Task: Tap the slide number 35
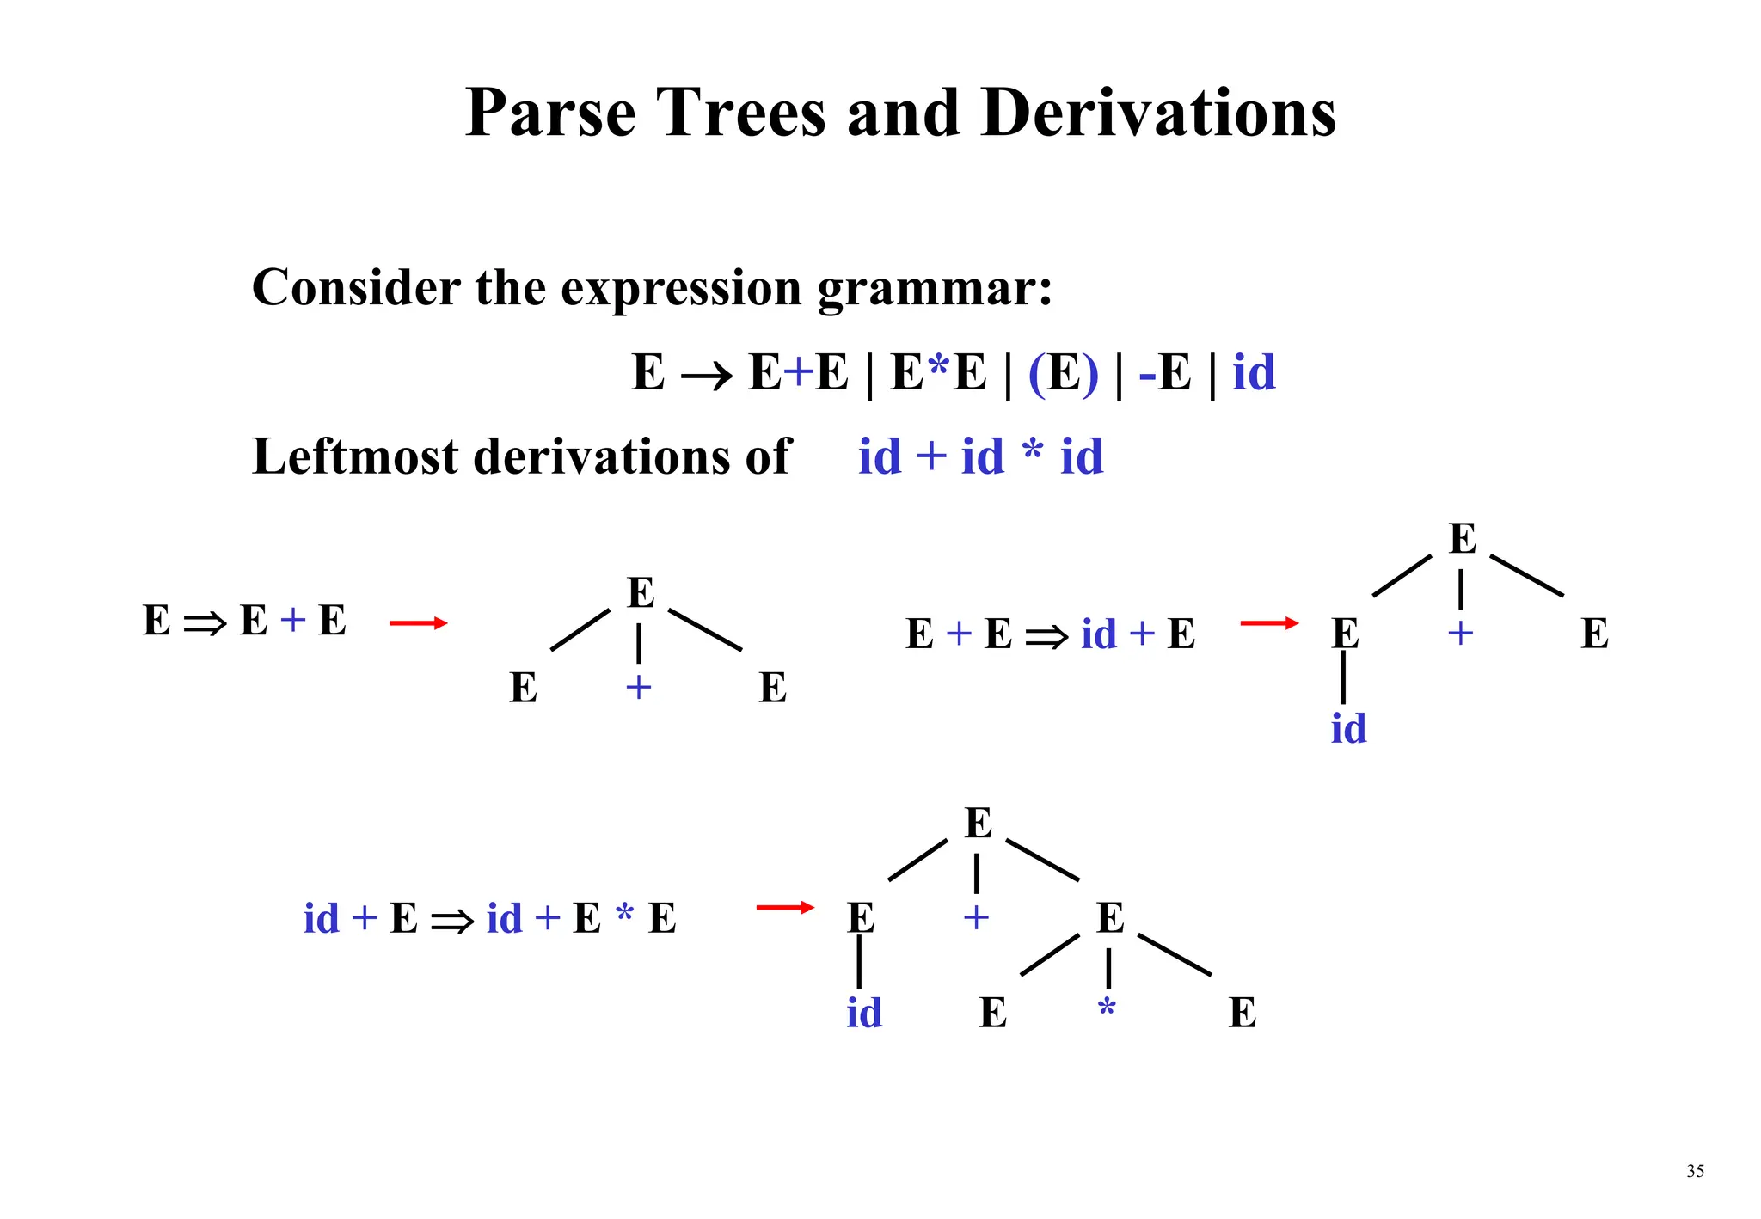tap(1695, 1171)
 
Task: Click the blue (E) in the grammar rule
tap(1063, 373)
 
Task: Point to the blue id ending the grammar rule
tap(1254, 372)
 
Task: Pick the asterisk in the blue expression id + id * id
tap(1033, 450)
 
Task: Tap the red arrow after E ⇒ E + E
tap(418, 622)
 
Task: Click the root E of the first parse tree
tap(641, 592)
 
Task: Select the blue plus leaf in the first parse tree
tap(638, 688)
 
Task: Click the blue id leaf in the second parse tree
tap(1347, 728)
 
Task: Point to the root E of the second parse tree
tap(1462, 539)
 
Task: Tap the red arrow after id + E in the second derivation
tap(1269, 622)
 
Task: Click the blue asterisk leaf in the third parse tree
tap(1107, 1008)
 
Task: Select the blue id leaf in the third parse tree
tap(863, 1013)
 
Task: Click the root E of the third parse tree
tap(978, 823)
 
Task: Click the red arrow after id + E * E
tap(784, 907)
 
